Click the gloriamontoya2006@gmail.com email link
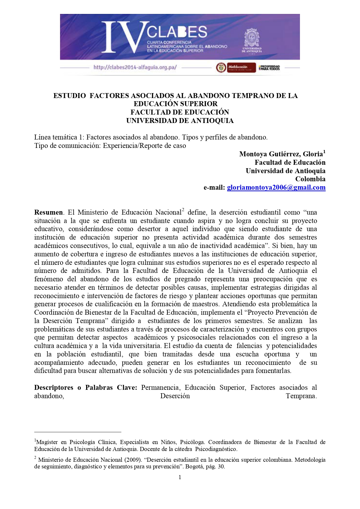(276, 188)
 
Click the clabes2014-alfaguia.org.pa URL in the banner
(135, 68)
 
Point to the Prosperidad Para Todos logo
(269, 68)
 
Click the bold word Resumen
(48, 212)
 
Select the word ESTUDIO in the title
(70, 96)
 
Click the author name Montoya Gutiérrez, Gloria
(281, 154)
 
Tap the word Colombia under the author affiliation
(310, 179)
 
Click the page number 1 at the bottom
(180, 477)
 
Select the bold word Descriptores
(54, 388)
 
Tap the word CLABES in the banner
(177, 32)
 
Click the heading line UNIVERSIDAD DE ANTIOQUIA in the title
(180, 121)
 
